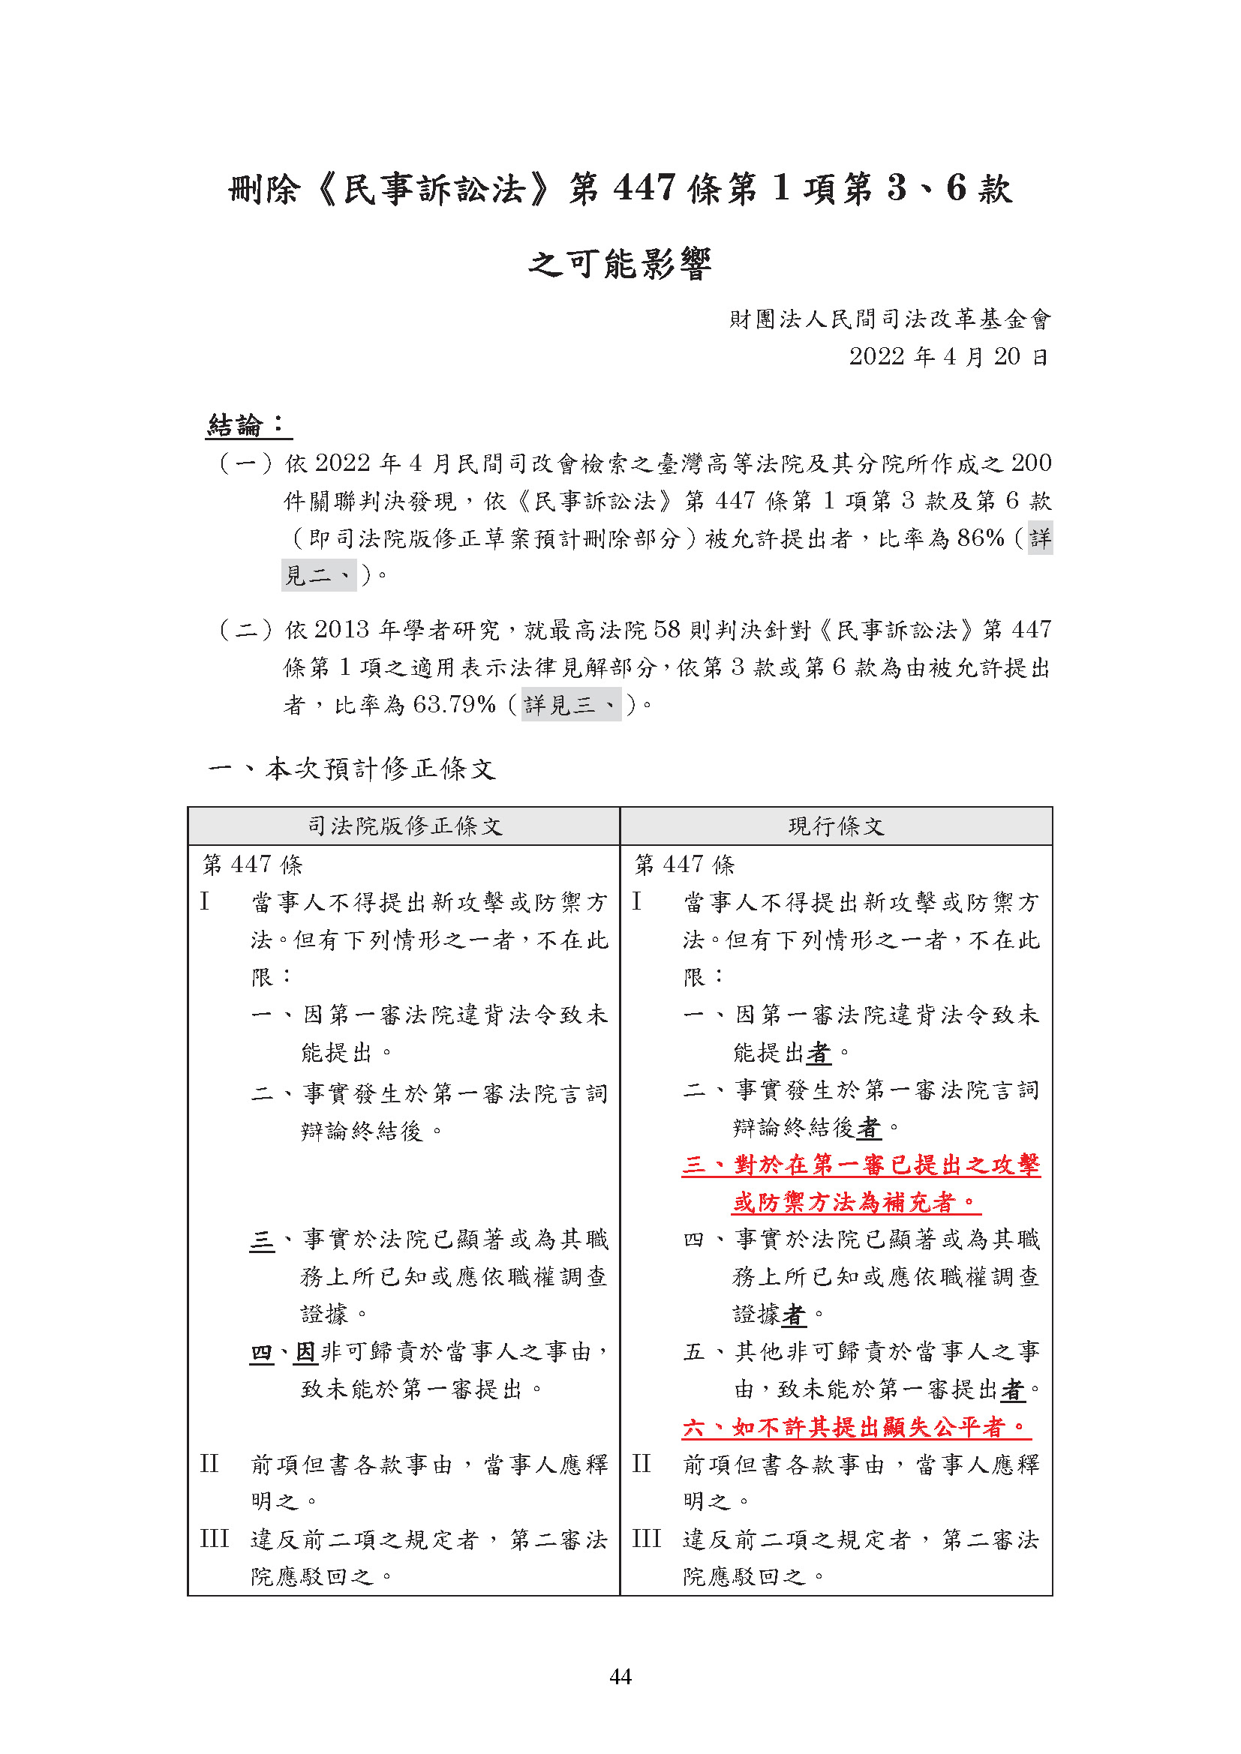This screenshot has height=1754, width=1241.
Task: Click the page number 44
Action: [x=620, y=1676]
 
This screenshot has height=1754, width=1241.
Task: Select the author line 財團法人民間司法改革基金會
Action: [x=891, y=319]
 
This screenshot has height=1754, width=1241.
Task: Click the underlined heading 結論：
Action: [x=248, y=425]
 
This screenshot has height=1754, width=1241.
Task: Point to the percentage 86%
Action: [x=981, y=538]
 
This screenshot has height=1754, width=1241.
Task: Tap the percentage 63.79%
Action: [x=455, y=703]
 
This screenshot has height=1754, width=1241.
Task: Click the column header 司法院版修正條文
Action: [x=404, y=826]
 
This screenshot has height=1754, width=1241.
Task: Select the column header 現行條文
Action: [x=836, y=826]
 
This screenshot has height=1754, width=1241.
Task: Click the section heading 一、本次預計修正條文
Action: [x=353, y=769]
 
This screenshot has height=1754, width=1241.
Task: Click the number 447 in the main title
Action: [x=645, y=188]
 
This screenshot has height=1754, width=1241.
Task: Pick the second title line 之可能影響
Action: [x=620, y=264]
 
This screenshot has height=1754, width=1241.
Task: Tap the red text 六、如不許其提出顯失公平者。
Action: [x=855, y=1426]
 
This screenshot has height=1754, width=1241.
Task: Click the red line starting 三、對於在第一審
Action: [x=861, y=1165]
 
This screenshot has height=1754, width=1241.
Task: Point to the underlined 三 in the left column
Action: [x=261, y=1239]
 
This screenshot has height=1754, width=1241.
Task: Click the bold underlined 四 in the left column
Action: [x=261, y=1353]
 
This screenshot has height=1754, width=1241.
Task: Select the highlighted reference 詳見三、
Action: [x=571, y=703]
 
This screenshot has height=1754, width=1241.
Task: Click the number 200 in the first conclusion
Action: [x=1031, y=463]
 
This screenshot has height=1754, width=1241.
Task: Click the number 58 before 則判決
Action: [x=666, y=629]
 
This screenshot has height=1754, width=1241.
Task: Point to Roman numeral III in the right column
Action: [x=647, y=1539]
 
